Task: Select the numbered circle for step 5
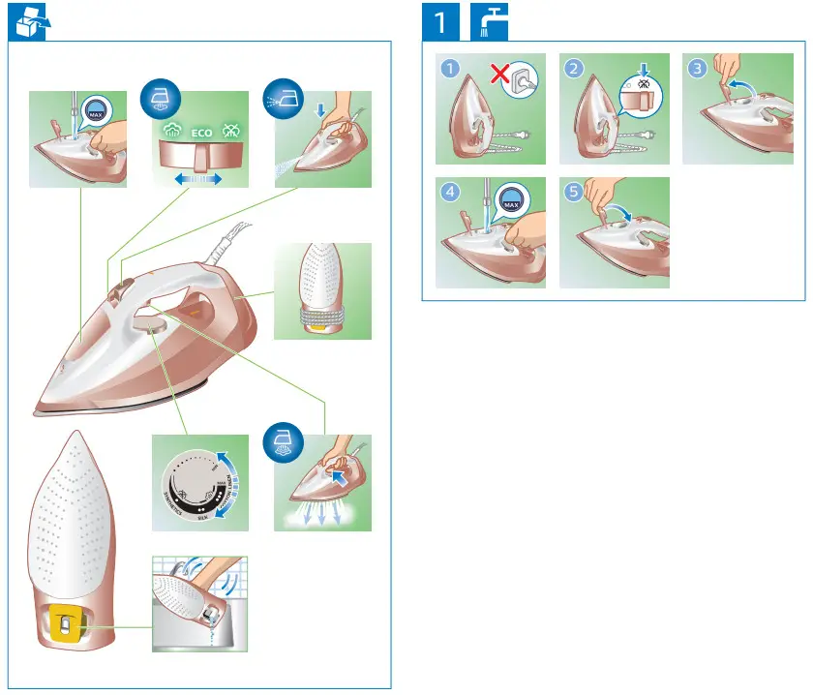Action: click(571, 192)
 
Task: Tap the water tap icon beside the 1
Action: click(491, 21)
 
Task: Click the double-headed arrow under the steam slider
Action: click(198, 179)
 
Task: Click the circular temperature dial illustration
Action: click(200, 481)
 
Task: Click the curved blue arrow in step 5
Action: click(619, 204)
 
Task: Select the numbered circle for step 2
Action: click(573, 68)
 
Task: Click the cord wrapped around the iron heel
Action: click(322, 314)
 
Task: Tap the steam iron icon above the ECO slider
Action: click(159, 98)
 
